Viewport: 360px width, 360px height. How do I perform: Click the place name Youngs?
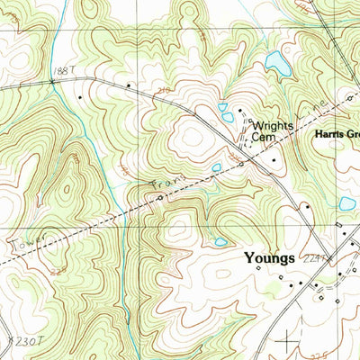tap(269, 257)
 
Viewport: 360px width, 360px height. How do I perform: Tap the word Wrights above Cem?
tap(272, 127)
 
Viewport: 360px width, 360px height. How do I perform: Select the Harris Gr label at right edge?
tap(337, 135)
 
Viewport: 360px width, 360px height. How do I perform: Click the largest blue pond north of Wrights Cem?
tap(277, 63)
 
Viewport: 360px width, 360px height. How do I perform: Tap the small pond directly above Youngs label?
tap(220, 241)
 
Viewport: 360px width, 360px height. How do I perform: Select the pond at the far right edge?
tap(347, 203)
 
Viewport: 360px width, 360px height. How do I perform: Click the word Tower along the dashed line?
tap(22, 243)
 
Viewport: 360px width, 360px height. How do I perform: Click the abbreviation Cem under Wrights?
tap(262, 140)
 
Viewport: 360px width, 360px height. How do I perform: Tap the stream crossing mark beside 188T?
tap(53, 82)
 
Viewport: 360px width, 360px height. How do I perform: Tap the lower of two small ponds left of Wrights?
tap(228, 117)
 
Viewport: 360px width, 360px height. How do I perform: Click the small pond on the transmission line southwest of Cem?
tap(216, 167)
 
